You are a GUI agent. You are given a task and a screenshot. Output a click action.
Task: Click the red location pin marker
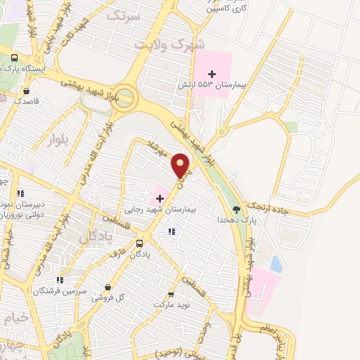(x=181, y=166)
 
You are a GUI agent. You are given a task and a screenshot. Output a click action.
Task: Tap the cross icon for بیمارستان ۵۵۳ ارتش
(x=212, y=74)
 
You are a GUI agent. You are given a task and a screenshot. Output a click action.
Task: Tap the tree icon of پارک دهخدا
(x=236, y=209)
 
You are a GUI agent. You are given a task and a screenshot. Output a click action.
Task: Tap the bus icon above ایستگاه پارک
(x=14, y=58)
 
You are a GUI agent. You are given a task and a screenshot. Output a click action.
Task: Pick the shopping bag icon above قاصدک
(x=26, y=91)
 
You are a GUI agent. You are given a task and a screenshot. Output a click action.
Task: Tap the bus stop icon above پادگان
(x=139, y=243)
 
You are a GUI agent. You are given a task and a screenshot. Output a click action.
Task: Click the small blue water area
(x=276, y=264)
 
